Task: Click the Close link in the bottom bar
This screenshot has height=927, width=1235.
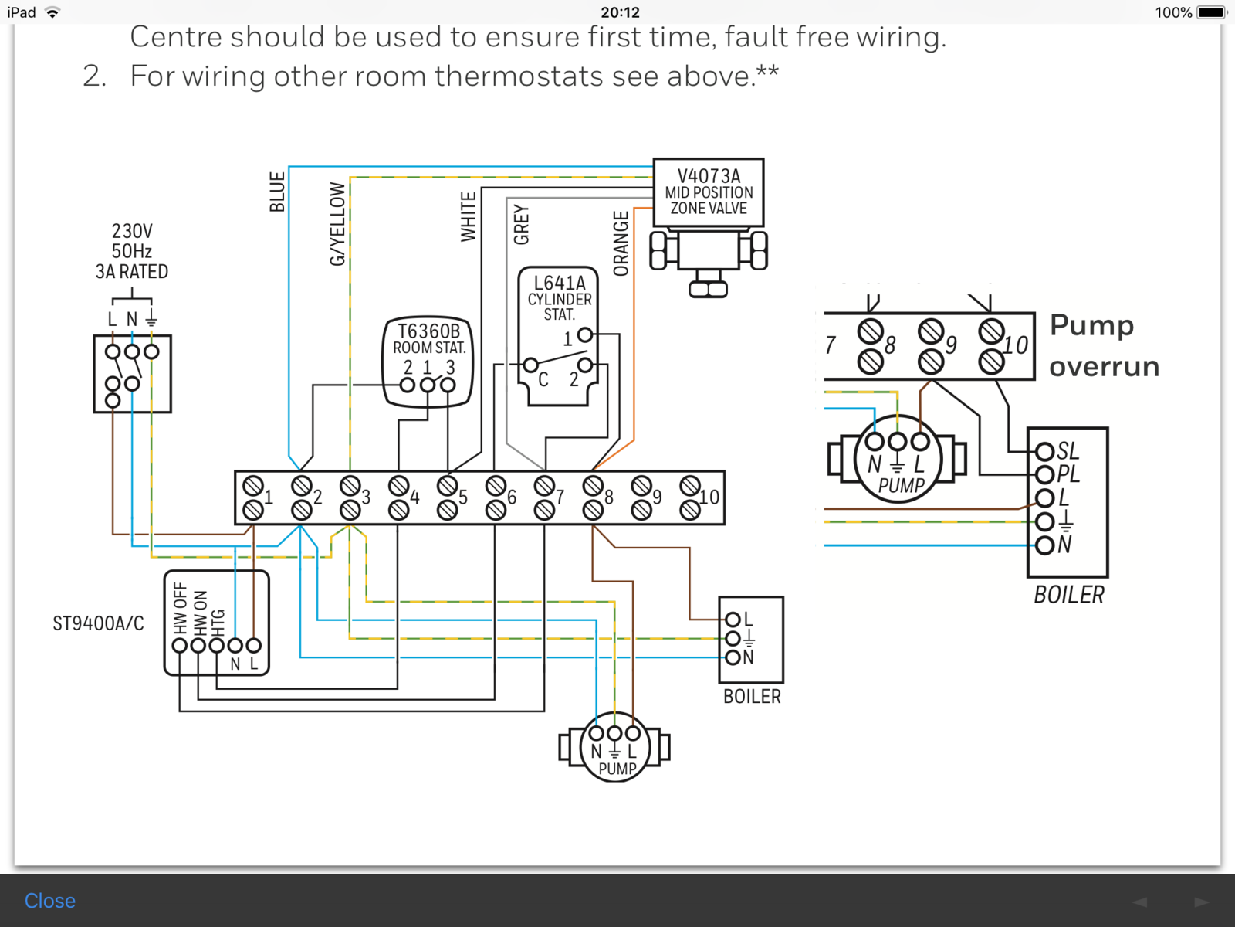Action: [x=49, y=901]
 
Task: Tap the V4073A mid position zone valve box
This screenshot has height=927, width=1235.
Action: [x=709, y=192]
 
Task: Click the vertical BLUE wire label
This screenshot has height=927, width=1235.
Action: [x=277, y=192]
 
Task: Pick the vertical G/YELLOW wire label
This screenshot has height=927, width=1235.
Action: [x=337, y=224]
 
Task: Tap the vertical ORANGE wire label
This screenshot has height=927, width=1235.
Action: [x=621, y=243]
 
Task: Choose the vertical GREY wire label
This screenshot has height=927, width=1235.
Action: [x=521, y=225]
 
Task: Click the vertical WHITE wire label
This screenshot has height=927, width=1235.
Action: [x=468, y=217]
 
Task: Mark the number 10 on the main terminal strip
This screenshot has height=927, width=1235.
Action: [x=709, y=497]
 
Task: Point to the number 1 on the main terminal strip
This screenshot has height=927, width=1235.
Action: [x=269, y=497]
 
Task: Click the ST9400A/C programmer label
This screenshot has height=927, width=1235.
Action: [x=98, y=623]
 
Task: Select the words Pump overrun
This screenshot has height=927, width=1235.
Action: [x=1104, y=345]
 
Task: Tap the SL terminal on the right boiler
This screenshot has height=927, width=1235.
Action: [x=1068, y=451]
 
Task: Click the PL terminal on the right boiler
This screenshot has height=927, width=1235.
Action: [x=1068, y=474]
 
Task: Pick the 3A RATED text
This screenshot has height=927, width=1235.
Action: [x=132, y=272]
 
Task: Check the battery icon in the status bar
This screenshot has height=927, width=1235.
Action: [x=1211, y=12]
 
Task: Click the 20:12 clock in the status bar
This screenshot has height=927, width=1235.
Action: [x=620, y=12]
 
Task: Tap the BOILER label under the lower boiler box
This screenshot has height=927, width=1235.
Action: [x=752, y=697]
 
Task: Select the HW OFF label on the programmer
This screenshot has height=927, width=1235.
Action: [x=180, y=607]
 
